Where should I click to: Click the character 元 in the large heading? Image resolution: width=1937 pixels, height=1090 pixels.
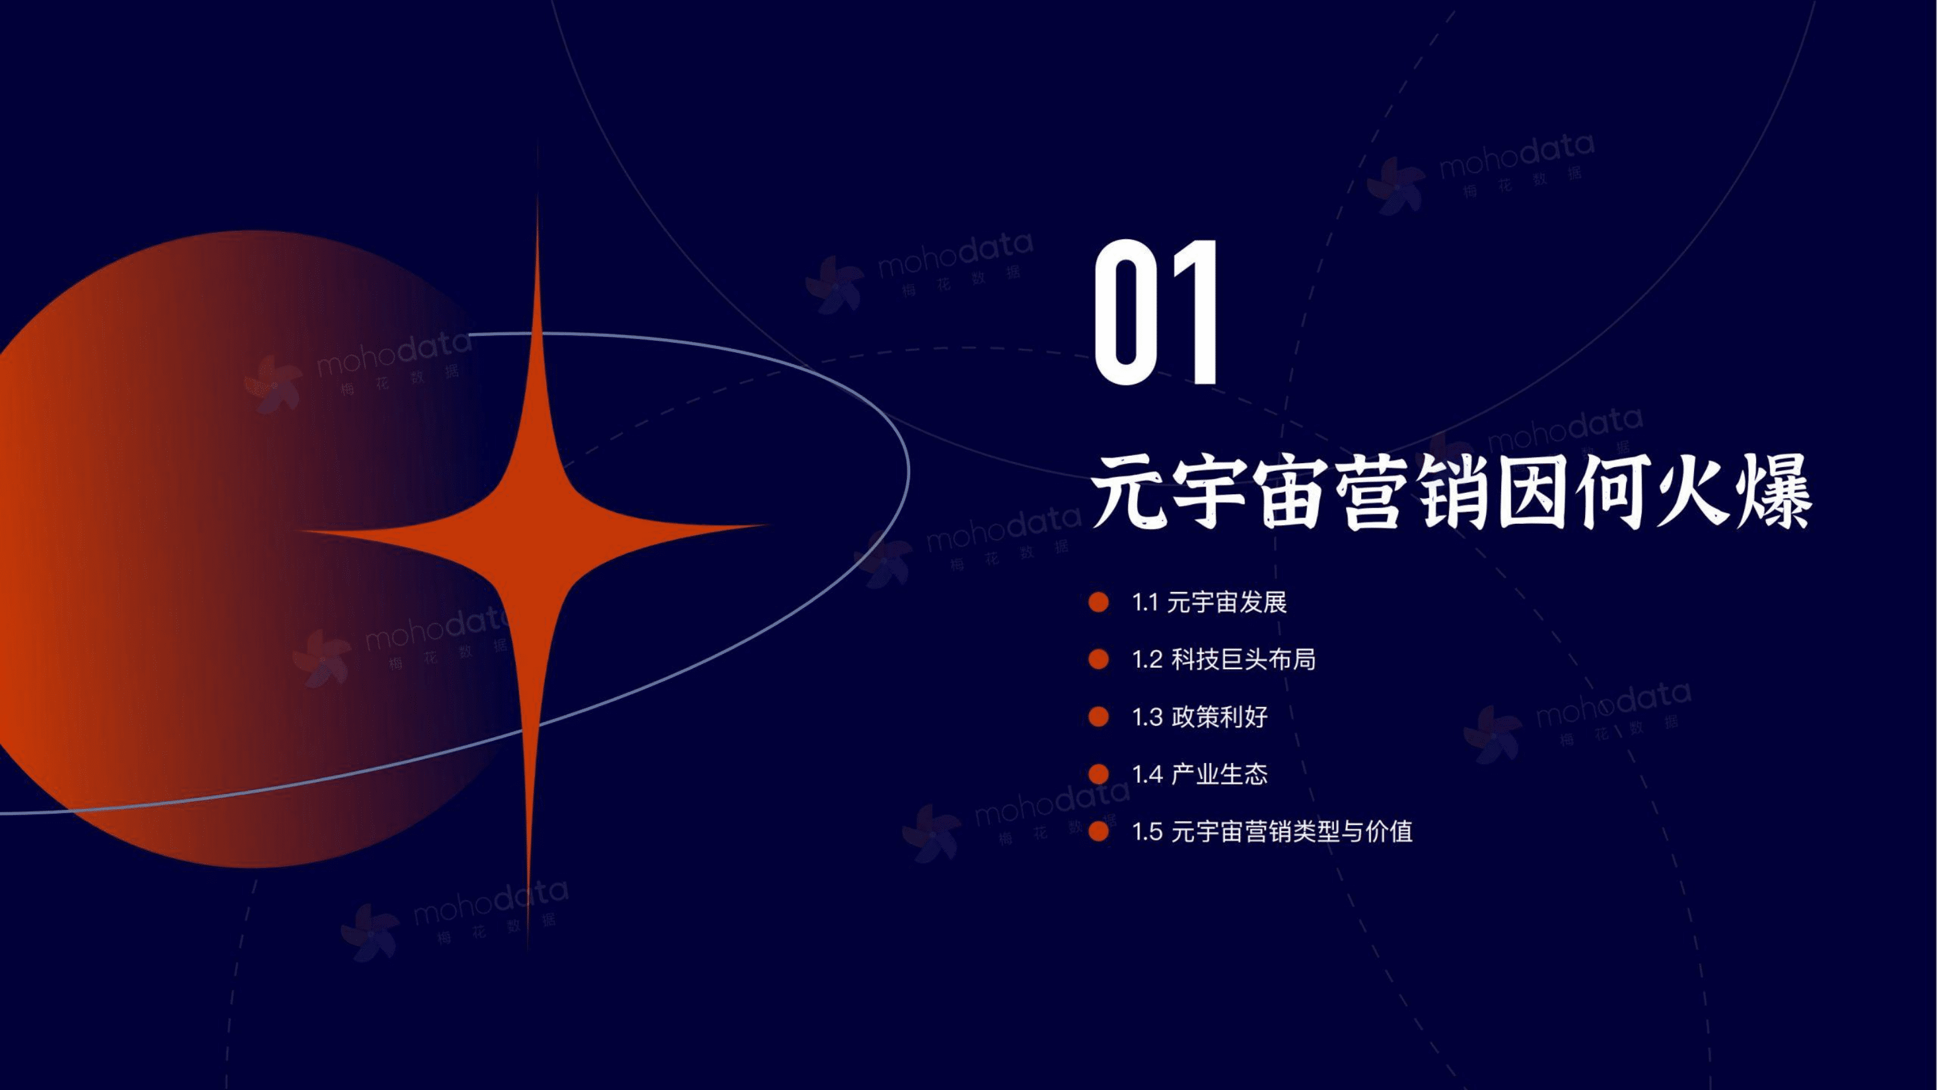point(1128,493)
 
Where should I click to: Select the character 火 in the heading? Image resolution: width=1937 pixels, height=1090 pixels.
point(1691,493)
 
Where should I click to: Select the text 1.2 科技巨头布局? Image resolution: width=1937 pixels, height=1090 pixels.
point(1224,660)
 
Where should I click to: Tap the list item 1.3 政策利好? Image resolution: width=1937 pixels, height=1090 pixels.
point(1199,717)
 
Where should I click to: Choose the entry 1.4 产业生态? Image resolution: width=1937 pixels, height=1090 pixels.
point(1199,774)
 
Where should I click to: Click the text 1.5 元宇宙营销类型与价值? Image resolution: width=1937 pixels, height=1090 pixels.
point(1272,831)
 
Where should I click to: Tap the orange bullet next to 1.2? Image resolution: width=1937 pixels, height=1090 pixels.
point(1099,660)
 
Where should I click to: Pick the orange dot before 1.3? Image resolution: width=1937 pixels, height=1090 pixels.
point(1099,717)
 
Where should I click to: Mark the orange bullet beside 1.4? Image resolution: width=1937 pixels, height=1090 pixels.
point(1099,774)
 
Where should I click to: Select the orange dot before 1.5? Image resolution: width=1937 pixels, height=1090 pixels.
point(1099,831)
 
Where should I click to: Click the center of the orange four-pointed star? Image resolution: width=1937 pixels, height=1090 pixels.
point(536,530)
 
